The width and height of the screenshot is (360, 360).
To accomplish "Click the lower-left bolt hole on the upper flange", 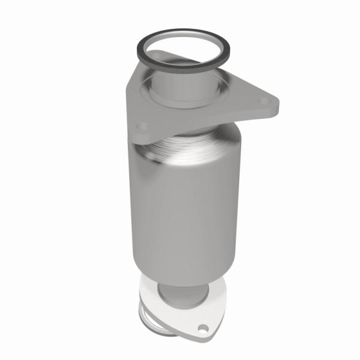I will point(142,126).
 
